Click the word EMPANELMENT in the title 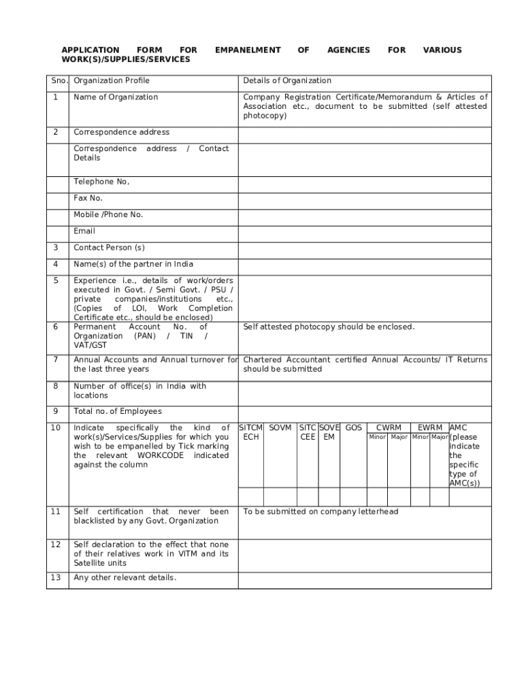tap(248, 50)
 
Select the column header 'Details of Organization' tap(287, 80)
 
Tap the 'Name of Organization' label tap(116, 97)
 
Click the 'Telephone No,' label tap(101, 182)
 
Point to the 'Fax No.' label tap(88, 198)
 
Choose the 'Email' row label tap(84, 231)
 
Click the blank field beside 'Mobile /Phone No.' tap(364, 214)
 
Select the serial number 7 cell tap(55, 359)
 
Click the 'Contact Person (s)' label tap(109, 248)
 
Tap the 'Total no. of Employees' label tap(118, 411)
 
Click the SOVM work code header tap(280, 427)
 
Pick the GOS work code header tap(353, 427)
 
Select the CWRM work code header tap(389, 427)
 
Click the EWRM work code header tap(429, 427)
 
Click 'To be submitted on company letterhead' tap(321, 512)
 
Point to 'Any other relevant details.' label tap(125, 578)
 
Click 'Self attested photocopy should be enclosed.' tap(329, 327)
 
